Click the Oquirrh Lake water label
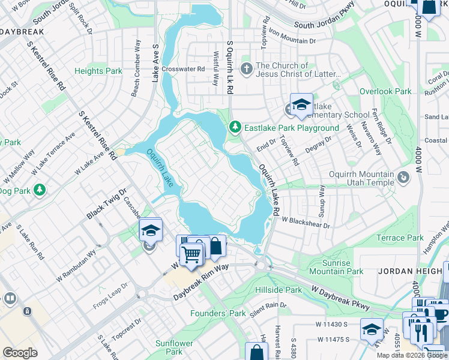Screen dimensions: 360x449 tap(160, 168)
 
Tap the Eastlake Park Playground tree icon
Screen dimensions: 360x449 tap(235, 127)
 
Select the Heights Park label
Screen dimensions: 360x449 tap(98, 71)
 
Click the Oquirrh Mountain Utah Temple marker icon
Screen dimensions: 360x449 tap(403, 176)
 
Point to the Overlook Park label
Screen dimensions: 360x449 tap(385, 91)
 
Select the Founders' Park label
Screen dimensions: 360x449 tap(218, 313)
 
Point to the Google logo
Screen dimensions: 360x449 tap(20, 353)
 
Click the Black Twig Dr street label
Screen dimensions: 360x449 tap(107, 204)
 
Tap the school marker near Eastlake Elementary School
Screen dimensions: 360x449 tap(301, 104)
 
